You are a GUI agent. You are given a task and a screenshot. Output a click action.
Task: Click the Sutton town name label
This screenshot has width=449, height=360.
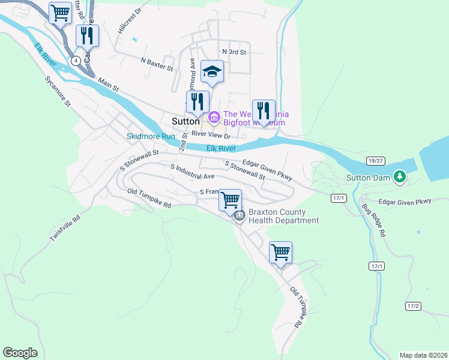point(185,121)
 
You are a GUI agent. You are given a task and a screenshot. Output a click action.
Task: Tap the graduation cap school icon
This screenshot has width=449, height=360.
point(211,72)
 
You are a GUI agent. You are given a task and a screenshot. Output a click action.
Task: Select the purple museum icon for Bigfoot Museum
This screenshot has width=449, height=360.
point(214,116)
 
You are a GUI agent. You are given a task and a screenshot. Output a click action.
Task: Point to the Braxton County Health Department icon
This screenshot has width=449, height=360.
point(240,215)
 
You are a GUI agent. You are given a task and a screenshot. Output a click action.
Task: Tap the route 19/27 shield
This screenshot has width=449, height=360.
point(375,161)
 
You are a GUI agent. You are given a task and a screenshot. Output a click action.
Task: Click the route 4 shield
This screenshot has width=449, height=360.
point(76,61)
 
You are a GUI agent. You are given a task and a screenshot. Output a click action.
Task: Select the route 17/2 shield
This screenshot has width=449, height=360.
point(413,306)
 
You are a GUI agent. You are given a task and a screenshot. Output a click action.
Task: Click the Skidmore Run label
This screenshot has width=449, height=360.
point(151,136)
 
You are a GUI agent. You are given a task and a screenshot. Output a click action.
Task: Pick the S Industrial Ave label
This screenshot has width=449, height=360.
point(192,172)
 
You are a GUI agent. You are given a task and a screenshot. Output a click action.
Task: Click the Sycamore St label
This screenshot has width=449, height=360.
point(58,91)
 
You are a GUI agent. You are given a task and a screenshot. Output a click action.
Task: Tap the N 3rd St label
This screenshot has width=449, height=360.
point(234,52)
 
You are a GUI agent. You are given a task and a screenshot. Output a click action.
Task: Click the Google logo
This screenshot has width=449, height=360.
point(20,352)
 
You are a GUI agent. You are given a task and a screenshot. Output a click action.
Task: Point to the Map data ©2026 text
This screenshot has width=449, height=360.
point(423,355)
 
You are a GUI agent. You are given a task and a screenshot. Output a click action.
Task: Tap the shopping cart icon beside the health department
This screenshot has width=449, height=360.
point(231,200)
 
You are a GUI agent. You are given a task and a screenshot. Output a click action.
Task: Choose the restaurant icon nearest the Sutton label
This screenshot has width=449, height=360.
point(197,103)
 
